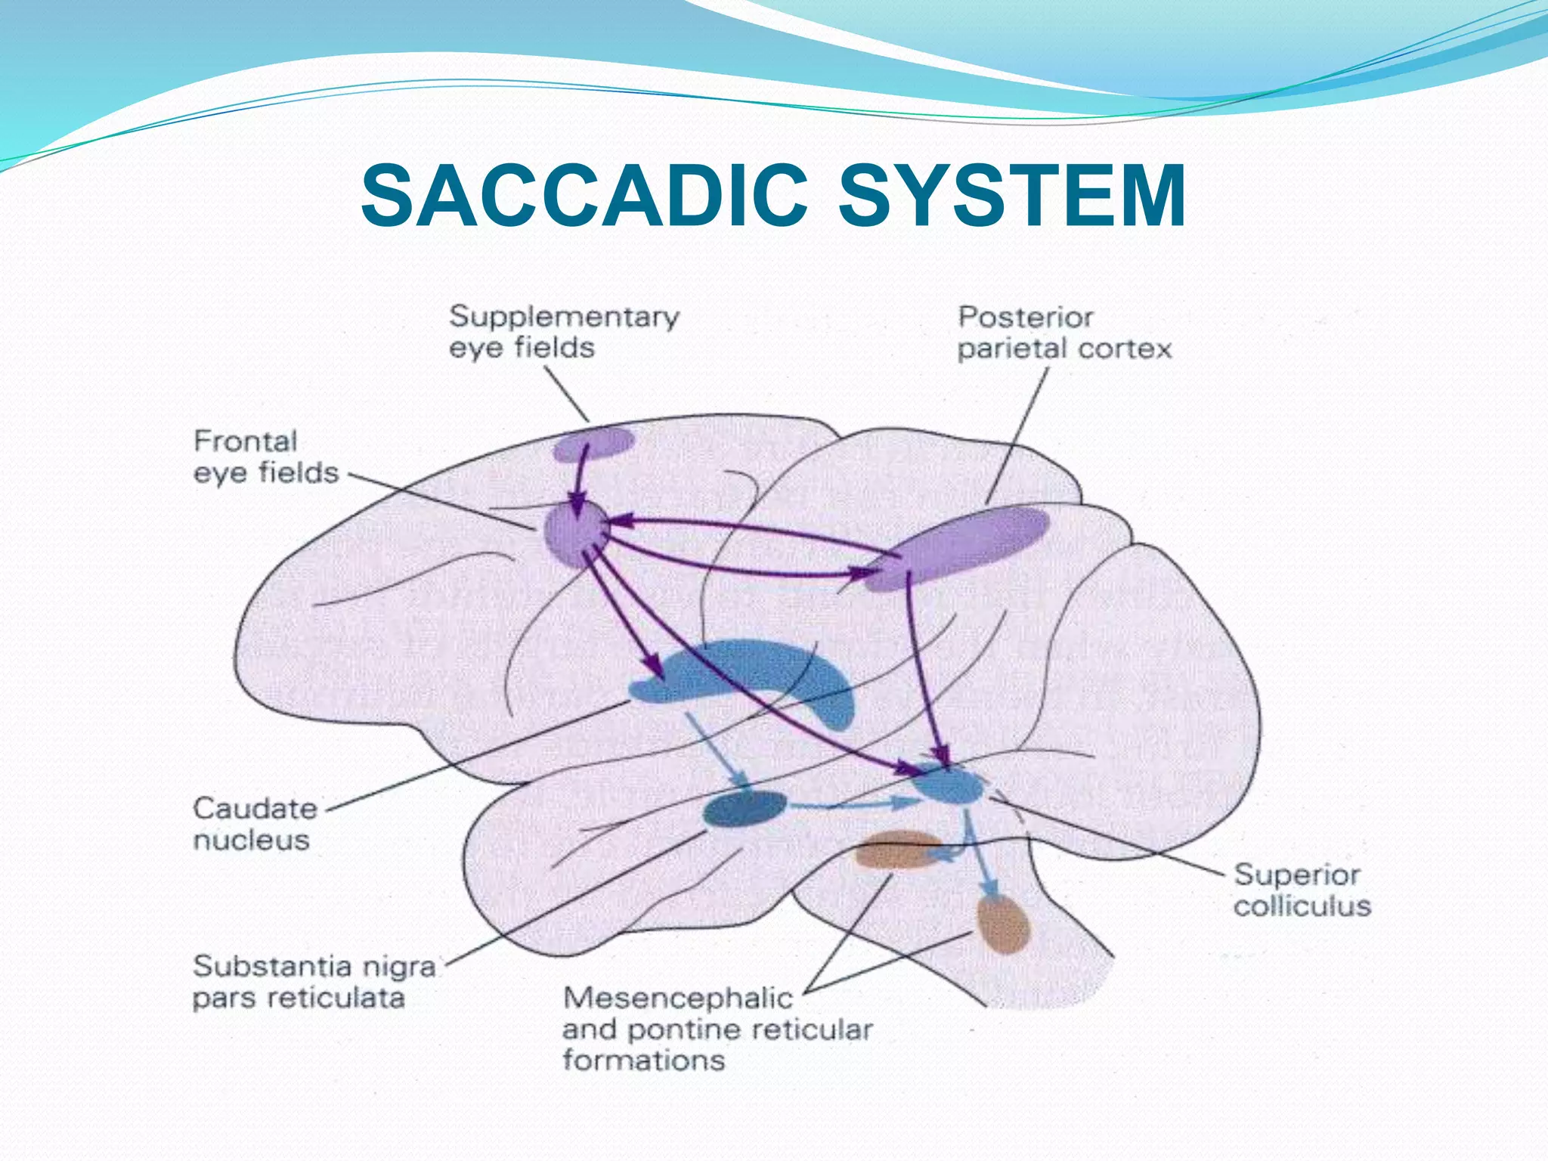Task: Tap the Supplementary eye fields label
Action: (564, 332)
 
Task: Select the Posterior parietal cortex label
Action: (1064, 333)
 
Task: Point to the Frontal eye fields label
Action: (266, 457)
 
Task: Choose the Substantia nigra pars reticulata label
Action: (314, 982)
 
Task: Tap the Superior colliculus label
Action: (1302, 890)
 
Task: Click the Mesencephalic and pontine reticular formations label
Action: (717, 1029)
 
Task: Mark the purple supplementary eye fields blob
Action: (593, 444)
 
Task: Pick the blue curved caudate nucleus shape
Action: (756, 669)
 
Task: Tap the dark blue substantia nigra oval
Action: (745, 810)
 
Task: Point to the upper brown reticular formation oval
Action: (896, 850)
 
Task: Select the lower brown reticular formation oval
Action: (1004, 924)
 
